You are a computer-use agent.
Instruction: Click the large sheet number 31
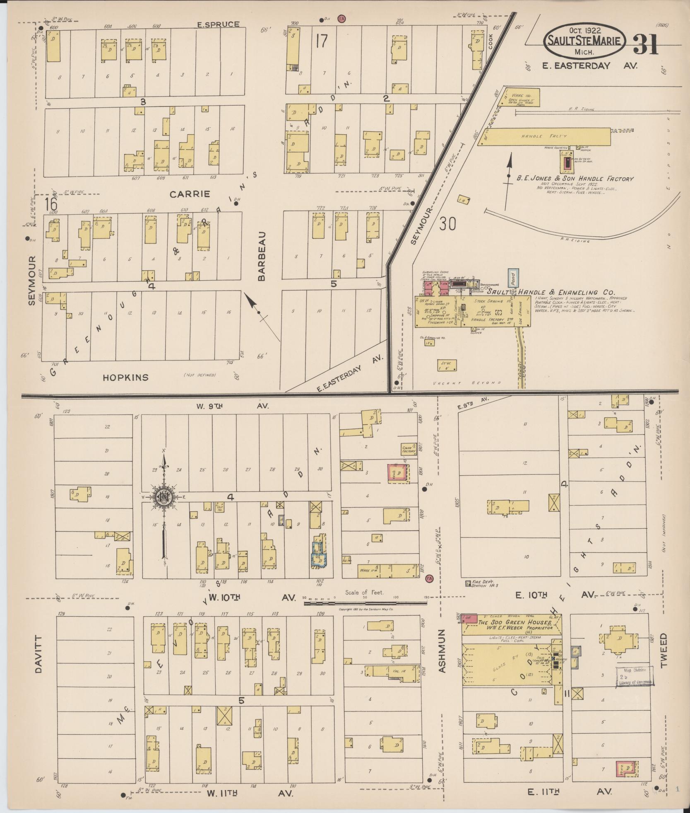[x=645, y=44]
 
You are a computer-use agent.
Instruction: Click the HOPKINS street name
[x=125, y=377]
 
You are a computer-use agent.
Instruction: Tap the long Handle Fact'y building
[x=543, y=136]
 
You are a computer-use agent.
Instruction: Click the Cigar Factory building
[x=409, y=449]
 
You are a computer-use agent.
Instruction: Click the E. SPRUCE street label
[x=218, y=24]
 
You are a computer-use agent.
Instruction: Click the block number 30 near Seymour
[x=447, y=224]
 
